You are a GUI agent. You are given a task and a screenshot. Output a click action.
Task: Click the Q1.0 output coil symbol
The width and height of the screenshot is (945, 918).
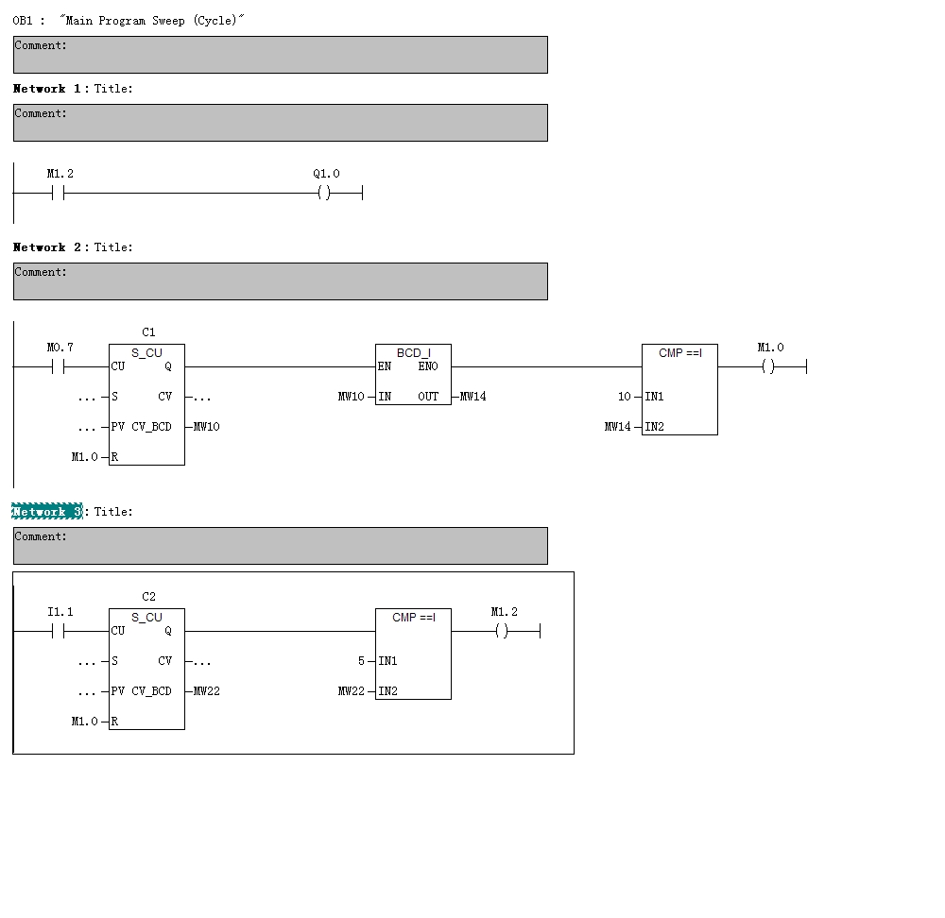click(x=324, y=194)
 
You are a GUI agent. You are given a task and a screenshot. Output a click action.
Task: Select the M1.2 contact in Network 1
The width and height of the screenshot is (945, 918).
click(x=59, y=194)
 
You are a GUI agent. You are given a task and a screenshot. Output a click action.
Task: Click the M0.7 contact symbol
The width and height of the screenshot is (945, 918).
click(x=59, y=367)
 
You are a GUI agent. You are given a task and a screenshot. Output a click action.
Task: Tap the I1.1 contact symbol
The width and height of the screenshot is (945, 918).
click(x=59, y=632)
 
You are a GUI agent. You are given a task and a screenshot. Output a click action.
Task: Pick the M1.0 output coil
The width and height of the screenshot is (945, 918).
click(x=768, y=367)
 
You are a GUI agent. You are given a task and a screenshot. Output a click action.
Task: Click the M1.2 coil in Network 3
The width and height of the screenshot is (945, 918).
click(x=502, y=632)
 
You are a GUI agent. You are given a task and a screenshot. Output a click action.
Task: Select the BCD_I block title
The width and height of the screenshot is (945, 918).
click(x=413, y=353)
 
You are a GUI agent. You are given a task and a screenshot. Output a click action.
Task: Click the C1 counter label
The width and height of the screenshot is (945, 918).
click(x=148, y=332)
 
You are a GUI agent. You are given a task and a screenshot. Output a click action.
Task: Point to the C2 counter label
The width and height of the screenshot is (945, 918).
click(x=148, y=597)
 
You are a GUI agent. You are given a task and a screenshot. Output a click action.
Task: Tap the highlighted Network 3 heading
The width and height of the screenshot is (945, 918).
click(x=47, y=512)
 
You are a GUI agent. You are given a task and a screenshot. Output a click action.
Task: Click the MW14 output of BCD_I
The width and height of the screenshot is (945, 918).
click(x=473, y=397)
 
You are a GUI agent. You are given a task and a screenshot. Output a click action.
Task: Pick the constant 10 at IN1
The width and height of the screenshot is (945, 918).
click(x=624, y=397)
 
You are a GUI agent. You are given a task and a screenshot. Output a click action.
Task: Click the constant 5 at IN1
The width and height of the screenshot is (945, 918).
click(x=361, y=661)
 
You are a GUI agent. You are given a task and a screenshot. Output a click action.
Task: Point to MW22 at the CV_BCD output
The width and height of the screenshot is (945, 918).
click(x=207, y=691)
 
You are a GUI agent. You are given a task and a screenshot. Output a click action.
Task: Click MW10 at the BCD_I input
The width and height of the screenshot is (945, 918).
click(x=351, y=397)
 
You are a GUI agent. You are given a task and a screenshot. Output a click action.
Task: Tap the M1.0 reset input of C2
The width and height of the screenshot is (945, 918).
click(x=84, y=722)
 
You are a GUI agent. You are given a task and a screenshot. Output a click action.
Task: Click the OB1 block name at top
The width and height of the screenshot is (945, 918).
click(x=23, y=21)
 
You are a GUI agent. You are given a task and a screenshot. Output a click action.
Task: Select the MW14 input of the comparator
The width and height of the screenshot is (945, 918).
click(x=617, y=427)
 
